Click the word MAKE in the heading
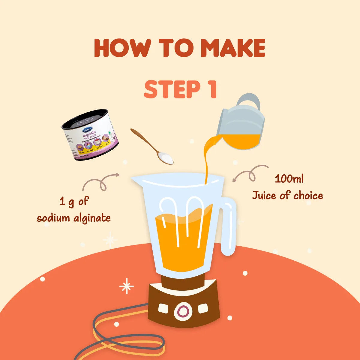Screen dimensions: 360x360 click(233, 48)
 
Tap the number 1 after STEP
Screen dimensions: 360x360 click(212, 89)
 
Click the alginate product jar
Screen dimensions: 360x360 click(90, 135)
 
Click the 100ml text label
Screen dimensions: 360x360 click(289, 179)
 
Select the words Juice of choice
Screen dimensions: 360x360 click(287, 196)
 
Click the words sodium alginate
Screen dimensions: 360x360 click(74, 217)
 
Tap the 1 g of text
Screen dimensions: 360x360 click(74, 201)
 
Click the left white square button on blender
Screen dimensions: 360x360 click(163, 308)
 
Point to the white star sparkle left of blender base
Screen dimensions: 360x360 click(126, 286)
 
